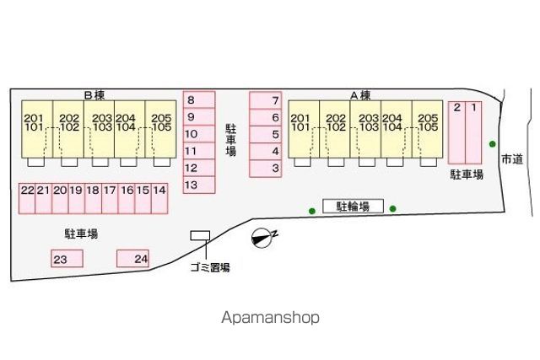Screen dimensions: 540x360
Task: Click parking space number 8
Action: tap(199, 99)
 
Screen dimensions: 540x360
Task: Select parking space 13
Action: tap(199, 185)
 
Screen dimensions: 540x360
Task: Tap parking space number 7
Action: tap(266, 100)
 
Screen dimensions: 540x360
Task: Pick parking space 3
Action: tap(266, 169)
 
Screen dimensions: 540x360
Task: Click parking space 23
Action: tap(67, 259)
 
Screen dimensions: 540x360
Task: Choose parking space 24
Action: tap(133, 259)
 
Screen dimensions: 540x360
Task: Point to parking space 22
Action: tap(27, 199)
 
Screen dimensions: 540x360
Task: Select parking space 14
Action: tap(159, 199)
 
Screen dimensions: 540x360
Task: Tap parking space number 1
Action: tap(473, 132)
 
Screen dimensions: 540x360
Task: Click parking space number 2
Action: tap(457, 132)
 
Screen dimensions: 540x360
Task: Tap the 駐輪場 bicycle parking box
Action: tap(353, 207)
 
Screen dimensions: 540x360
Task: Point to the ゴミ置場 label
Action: tap(210, 267)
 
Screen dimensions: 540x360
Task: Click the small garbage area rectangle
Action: tap(201, 235)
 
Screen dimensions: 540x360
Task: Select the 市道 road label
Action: tap(512, 159)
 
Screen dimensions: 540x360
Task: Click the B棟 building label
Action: tap(94, 95)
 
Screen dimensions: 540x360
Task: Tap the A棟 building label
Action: tap(360, 95)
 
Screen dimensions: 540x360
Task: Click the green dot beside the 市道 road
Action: tap(493, 144)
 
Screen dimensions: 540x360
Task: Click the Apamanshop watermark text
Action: tap(270, 318)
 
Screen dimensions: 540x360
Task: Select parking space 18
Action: tap(93, 199)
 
